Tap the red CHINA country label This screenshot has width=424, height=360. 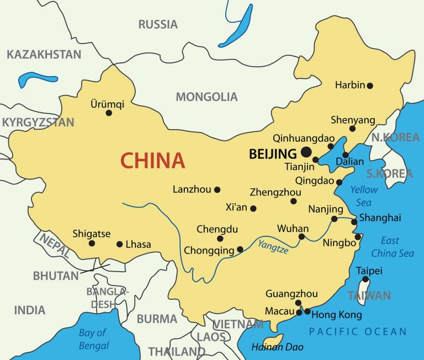pos(152,161)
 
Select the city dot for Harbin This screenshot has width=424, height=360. pos(370,86)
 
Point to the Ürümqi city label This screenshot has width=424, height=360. pos(107,104)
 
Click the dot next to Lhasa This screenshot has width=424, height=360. pos(119,244)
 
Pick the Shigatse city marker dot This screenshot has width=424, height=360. pos(92,243)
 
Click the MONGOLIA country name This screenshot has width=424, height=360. pos(206,97)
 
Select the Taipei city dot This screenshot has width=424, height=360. pos(365,279)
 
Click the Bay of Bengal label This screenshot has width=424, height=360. pos(93,339)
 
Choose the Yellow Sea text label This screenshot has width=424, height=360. pos(364,195)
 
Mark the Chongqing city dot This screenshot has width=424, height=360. pos(240,250)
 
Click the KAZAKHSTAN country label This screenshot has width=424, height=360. pos(44,54)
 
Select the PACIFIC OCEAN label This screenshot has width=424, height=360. pos(357,332)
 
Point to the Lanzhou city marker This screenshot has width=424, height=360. pos(217,189)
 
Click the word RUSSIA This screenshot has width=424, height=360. pos(158,24)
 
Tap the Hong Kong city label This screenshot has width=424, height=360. pos(337,315)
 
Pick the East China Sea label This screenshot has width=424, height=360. pos(392,247)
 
